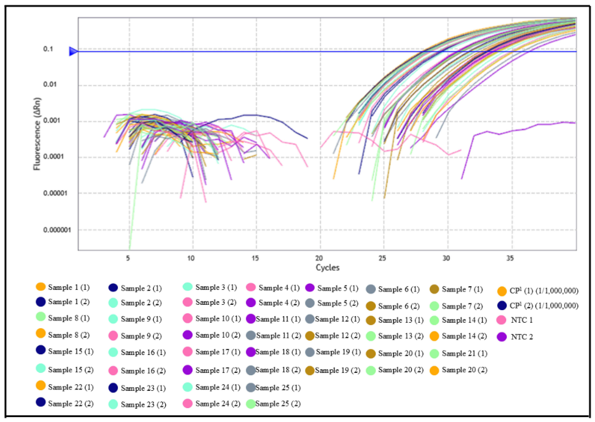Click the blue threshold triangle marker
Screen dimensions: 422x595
(73, 51)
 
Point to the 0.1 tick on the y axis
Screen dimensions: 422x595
(48, 49)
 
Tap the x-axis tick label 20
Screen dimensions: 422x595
(319, 258)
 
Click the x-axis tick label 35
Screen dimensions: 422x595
(510, 258)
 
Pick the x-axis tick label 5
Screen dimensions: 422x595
(128, 258)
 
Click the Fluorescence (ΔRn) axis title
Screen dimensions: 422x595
(37, 134)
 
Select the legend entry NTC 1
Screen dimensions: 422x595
(521, 320)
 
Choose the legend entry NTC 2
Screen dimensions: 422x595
(521, 337)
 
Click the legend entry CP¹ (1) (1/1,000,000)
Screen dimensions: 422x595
(544, 291)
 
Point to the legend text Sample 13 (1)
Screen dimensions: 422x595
(400, 320)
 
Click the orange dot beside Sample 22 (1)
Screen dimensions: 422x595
(41, 386)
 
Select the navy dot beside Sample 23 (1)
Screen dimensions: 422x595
(113, 388)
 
